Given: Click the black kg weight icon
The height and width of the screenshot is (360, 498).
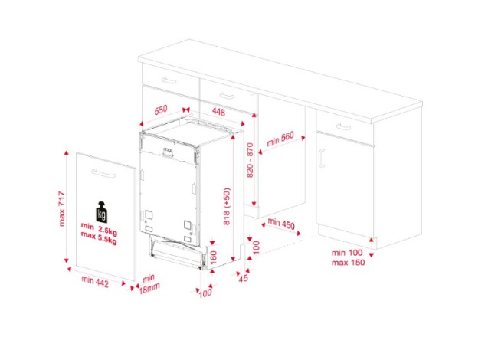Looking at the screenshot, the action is [x=102, y=211].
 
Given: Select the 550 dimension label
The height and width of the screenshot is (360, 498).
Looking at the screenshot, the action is [x=161, y=110].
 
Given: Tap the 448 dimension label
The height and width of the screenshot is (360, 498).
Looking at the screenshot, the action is [x=218, y=112].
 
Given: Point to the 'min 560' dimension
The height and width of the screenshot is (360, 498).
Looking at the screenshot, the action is [x=280, y=139].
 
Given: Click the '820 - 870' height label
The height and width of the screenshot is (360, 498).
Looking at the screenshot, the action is [x=250, y=160].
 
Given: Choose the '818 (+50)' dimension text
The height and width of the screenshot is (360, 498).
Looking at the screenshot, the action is [x=227, y=207].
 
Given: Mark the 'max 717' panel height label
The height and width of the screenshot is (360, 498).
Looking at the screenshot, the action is [x=61, y=208].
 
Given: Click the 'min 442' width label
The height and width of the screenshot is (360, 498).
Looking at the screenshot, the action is [x=95, y=281].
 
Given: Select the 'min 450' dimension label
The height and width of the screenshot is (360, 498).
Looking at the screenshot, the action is [x=281, y=224].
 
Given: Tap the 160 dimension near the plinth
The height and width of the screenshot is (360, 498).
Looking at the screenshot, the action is [x=213, y=257].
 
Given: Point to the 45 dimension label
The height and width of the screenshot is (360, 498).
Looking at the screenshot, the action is [x=244, y=278].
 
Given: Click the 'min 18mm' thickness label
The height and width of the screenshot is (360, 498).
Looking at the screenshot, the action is [x=149, y=284].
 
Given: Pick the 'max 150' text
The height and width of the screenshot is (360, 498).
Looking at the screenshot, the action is [x=348, y=263].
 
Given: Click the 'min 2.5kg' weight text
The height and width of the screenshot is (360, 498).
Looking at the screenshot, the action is [x=99, y=228].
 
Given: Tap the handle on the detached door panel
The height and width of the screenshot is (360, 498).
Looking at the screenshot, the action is [x=103, y=173].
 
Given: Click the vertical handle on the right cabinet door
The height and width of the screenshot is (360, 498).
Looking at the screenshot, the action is [x=322, y=158].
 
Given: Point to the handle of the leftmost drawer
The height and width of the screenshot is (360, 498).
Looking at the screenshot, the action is [x=169, y=80].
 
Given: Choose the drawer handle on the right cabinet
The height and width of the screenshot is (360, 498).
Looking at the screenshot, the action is [x=343, y=127].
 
